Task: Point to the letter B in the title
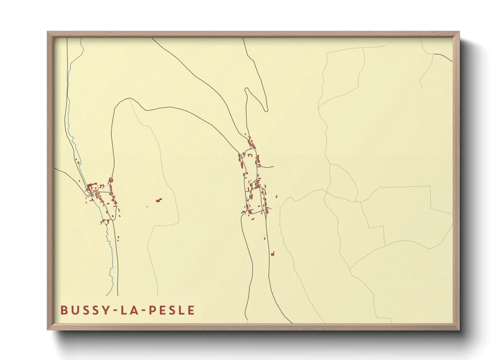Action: coord(64,310)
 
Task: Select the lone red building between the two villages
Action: coord(159,200)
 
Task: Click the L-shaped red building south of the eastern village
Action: coord(272,253)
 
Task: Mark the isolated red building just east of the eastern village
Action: coord(276,196)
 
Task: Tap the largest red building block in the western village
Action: coord(91,187)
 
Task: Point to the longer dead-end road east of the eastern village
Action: coord(266,167)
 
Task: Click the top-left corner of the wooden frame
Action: coord(48,32)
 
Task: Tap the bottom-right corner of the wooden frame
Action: coord(459,329)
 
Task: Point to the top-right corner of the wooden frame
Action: coord(459,32)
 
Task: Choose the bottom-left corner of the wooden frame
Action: coord(48,329)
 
